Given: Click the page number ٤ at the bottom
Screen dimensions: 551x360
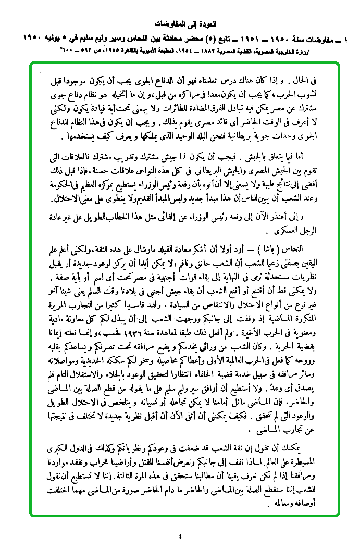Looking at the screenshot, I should [x=180, y=535].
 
